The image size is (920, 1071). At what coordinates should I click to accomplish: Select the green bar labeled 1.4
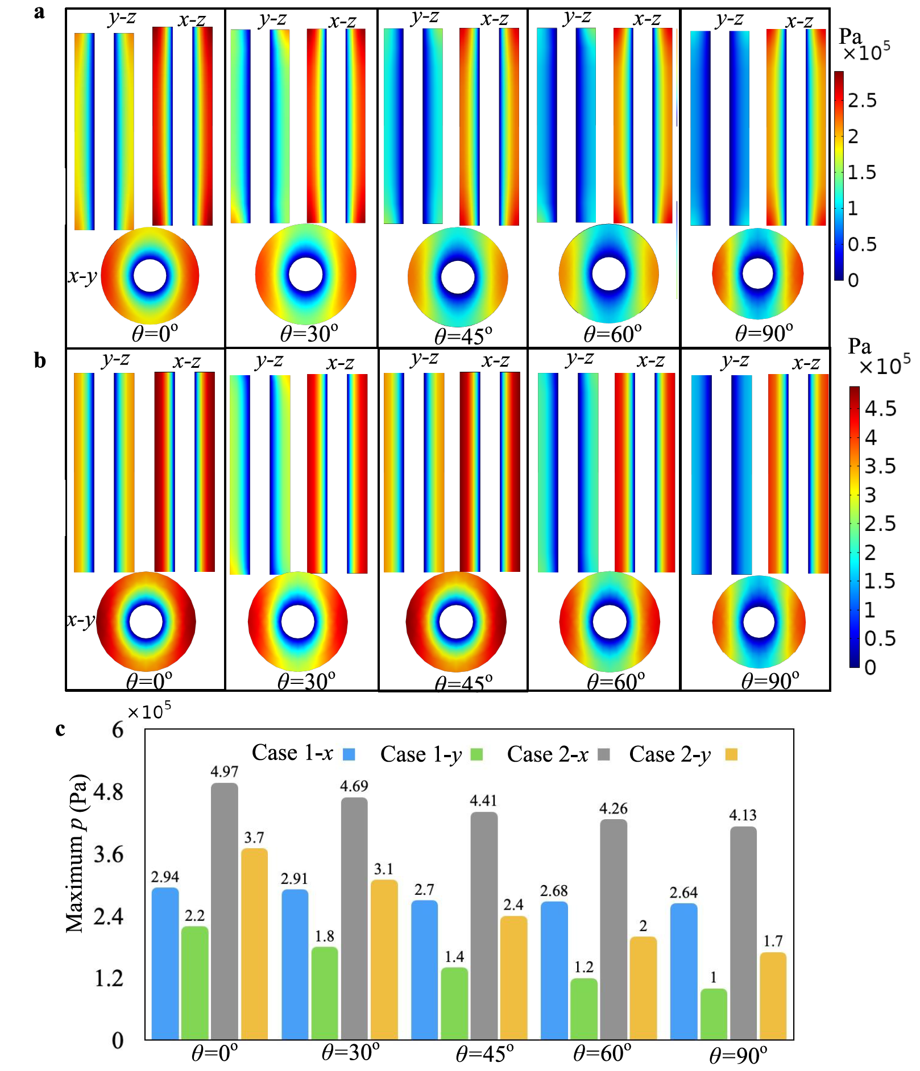[454, 1003]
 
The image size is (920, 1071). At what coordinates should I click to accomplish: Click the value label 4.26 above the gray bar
[614, 808]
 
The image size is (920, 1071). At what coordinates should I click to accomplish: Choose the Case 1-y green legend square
[476, 754]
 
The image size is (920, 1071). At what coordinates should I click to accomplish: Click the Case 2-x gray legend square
[604, 754]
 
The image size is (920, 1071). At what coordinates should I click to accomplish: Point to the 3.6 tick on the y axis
[108, 854]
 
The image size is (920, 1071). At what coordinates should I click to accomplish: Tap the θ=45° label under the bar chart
[484, 1054]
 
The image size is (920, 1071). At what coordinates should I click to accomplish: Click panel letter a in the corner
[39, 13]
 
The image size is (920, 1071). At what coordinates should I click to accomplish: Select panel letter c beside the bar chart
[60, 729]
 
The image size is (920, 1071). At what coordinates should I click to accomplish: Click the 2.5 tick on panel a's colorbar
[862, 101]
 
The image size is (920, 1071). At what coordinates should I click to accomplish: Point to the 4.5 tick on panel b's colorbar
[880, 409]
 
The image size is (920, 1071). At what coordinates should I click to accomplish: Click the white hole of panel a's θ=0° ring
[150, 275]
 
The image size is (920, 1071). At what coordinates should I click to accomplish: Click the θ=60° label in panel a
[612, 334]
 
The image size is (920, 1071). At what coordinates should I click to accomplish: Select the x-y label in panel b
[80, 619]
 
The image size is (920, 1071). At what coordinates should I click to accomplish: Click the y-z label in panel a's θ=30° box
[272, 19]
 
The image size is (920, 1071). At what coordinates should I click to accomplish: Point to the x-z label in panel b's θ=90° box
[806, 363]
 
